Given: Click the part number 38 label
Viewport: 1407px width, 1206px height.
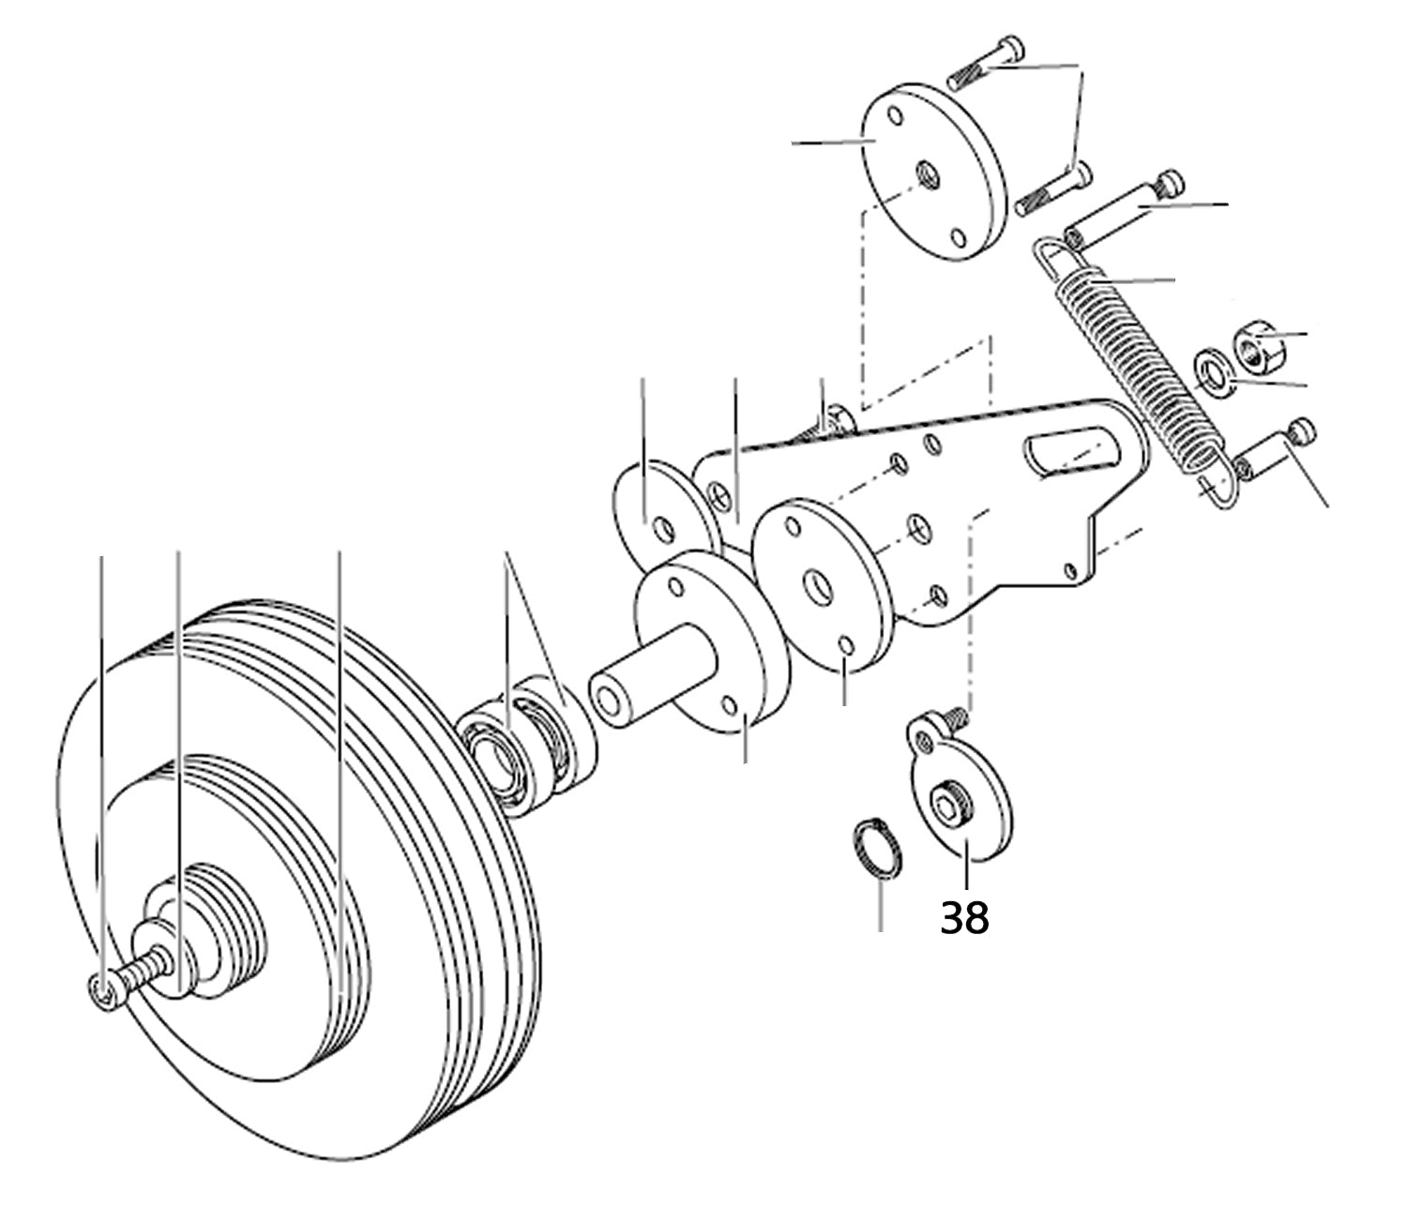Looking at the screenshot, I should click(964, 918).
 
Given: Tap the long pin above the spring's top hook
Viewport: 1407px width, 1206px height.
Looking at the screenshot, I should click(1126, 205).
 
